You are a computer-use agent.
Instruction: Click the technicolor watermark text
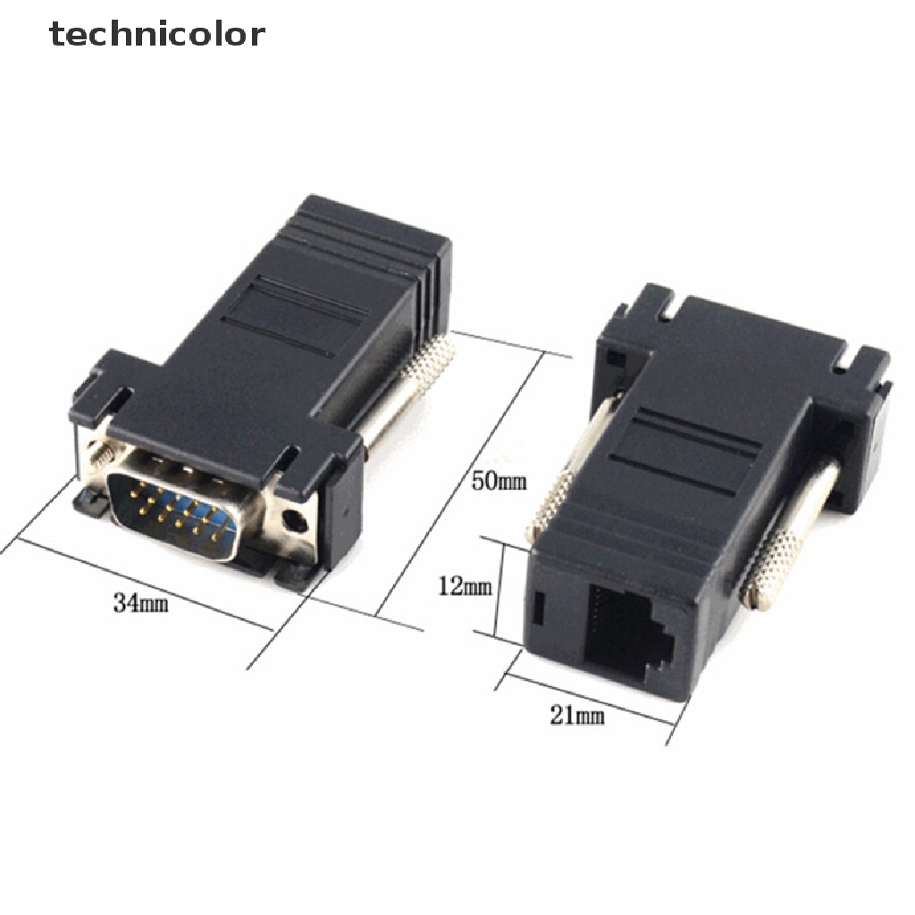157,34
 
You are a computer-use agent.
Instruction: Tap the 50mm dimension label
499,482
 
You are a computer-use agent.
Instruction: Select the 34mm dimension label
141,602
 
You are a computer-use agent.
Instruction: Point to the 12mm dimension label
465,586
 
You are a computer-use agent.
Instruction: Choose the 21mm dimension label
577,715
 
